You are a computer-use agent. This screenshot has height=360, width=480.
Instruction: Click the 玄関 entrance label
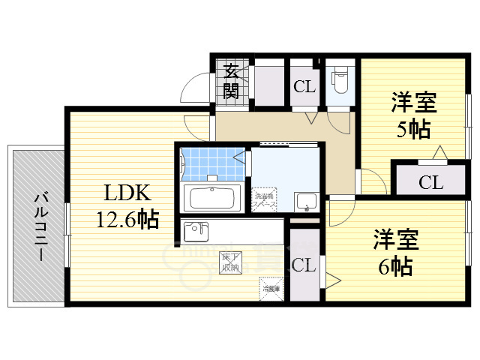pos(232,82)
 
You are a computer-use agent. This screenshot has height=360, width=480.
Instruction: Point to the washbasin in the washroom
pos(305,201)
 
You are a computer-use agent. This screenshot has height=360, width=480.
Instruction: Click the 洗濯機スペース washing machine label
pos(264,197)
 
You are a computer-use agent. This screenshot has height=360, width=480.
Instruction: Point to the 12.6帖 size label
pos(126,220)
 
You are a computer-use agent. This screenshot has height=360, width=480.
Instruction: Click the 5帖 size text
pos(413,129)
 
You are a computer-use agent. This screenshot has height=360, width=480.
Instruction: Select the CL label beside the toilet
pos(304,86)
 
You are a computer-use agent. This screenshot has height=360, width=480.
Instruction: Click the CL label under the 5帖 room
pos(430,181)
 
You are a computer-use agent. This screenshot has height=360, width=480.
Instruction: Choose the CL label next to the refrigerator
pos(304,265)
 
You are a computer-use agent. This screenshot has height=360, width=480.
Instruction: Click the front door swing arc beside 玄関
pos(193,90)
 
